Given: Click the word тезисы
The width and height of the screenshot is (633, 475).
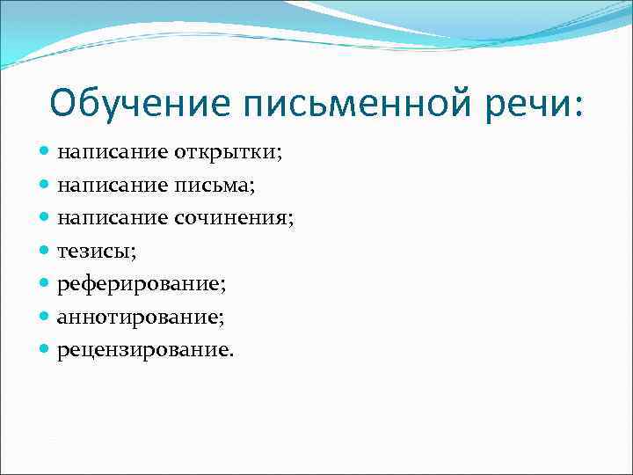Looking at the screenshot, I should [x=93, y=252].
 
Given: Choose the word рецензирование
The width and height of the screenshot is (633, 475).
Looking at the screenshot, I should [x=144, y=351].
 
